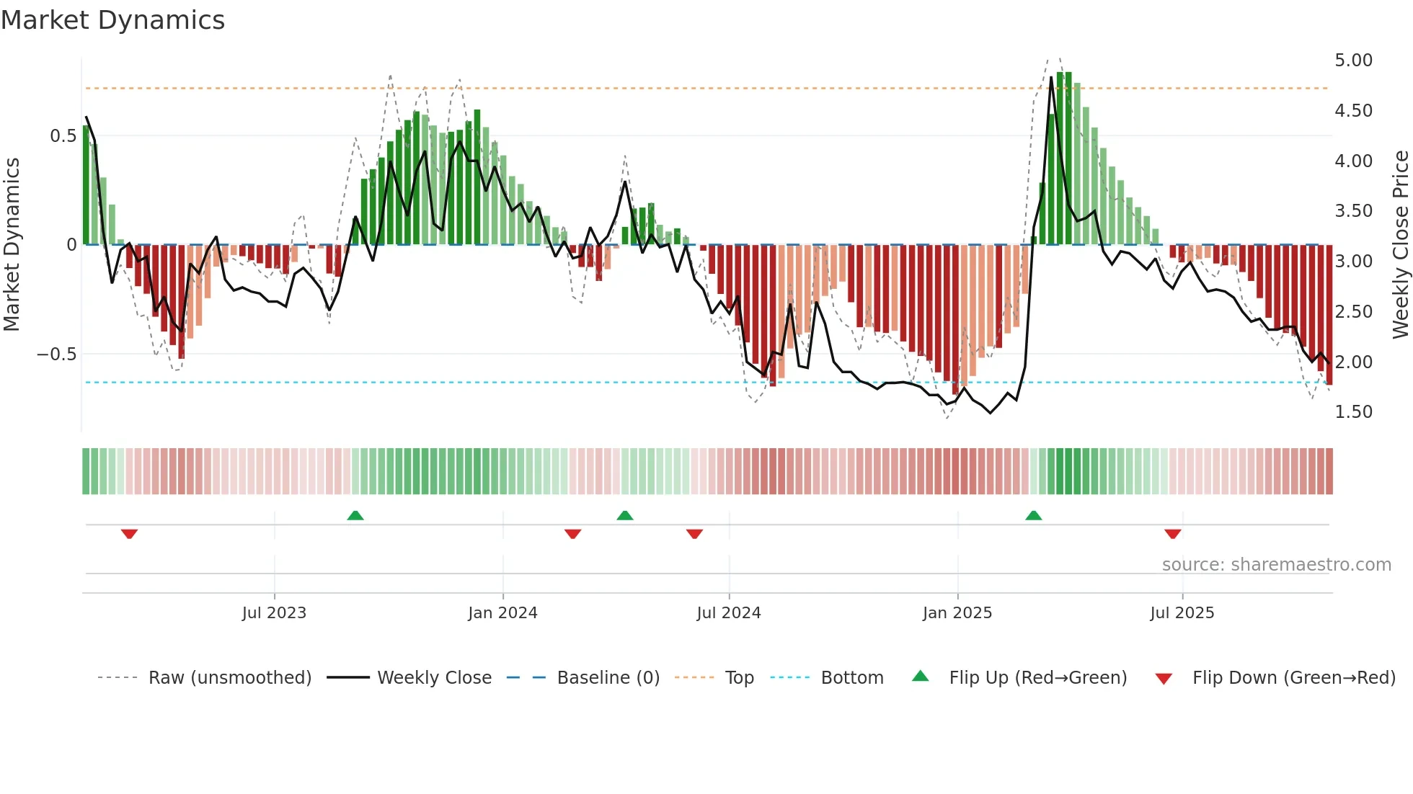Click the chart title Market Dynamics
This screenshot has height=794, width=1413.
click(113, 20)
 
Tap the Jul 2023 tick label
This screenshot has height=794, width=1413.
click(274, 613)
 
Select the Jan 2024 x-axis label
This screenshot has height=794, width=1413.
click(502, 613)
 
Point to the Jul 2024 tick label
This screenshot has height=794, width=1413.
click(729, 613)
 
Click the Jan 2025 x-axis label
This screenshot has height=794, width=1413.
click(957, 613)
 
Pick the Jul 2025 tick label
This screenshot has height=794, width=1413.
click(1182, 613)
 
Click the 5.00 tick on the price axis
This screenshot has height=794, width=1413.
click(1353, 61)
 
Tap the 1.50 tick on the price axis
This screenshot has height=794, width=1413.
click(1353, 412)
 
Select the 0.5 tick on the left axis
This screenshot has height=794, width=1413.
click(63, 136)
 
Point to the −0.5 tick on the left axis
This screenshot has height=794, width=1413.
click(57, 354)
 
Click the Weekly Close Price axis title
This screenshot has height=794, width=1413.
click(1400, 245)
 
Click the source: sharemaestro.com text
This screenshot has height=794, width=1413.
click(1276, 565)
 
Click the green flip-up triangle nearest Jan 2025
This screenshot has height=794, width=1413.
click(1033, 515)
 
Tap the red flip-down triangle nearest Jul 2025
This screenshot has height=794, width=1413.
click(1172, 534)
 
